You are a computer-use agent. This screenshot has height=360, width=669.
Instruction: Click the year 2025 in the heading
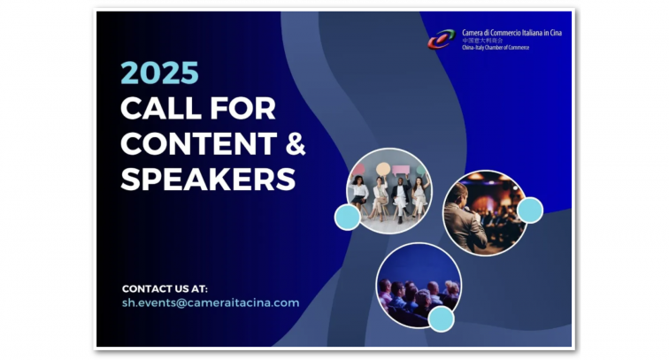pyautogui.click(x=159, y=73)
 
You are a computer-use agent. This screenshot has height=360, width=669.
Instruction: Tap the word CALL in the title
pyautogui.click(x=161, y=108)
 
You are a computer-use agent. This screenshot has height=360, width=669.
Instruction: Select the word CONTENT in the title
pyautogui.click(x=199, y=144)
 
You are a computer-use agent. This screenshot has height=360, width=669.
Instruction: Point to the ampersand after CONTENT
pyautogui.click(x=296, y=144)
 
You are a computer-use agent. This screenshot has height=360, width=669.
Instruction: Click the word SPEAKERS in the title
pyautogui.click(x=208, y=180)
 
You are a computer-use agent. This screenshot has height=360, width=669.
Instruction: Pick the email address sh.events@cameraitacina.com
pyautogui.click(x=211, y=303)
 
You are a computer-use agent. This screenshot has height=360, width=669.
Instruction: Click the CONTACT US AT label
pyautogui.click(x=165, y=288)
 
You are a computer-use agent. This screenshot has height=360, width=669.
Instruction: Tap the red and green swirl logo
pyautogui.click(x=442, y=39)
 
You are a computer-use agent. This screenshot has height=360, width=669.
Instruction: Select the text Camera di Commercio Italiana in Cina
pyautogui.click(x=511, y=33)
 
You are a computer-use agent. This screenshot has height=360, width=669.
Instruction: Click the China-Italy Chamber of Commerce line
pyautogui.click(x=496, y=48)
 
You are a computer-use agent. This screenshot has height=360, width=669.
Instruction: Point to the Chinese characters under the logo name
pyautogui.click(x=482, y=41)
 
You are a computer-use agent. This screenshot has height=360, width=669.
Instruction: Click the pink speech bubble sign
pyautogui.click(x=401, y=170)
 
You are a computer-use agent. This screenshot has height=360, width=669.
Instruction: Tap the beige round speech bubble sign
pyautogui.click(x=383, y=169)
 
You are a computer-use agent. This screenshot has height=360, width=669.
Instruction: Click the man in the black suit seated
pyautogui.click(x=400, y=198)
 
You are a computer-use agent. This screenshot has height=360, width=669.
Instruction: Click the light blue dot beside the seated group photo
pyautogui.click(x=347, y=217)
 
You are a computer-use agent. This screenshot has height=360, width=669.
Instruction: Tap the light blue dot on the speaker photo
pyautogui.click(x=530, y=210)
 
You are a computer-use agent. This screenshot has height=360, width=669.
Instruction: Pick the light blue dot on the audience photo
pyautogui.click(x=441, y=318)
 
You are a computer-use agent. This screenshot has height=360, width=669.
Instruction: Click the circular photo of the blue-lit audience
pyautogui.click(x=419, y=286)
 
